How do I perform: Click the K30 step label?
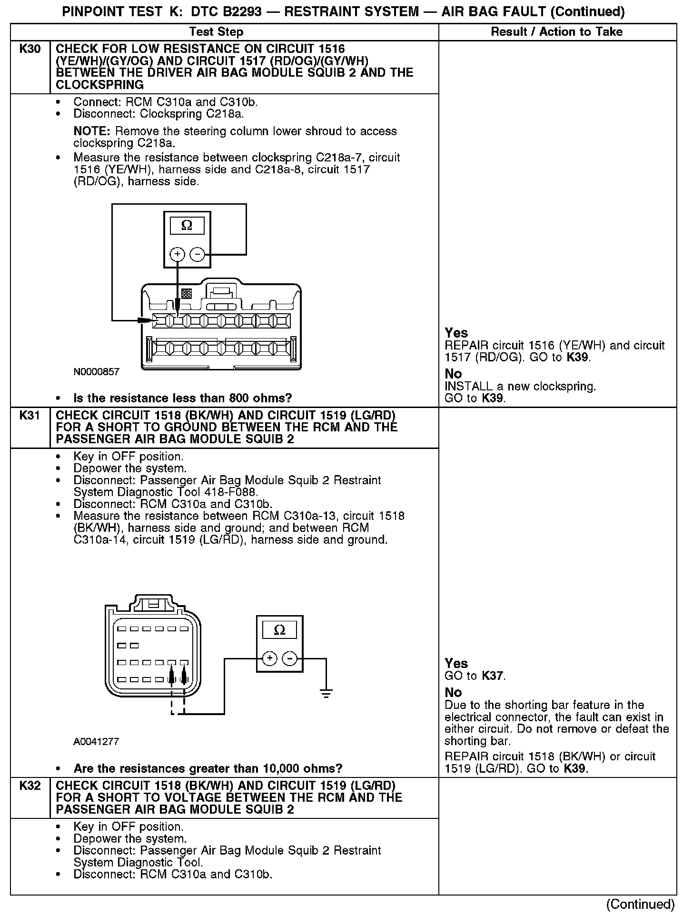pyautogui.click(x=30, y=49)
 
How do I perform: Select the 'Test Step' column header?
pyautogui.click(x=216, y=32)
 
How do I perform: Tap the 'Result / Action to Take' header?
pyautogui.click(x=556, y=32)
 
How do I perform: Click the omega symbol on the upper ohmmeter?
pyautogui.click(x=187, y=226)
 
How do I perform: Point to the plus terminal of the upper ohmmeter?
pyautogui.click(x=178, y=255)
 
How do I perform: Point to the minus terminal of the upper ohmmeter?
pyautogui.click(x=197, y=255)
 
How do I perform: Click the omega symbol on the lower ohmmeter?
pyautogui.click(x=280, y=630)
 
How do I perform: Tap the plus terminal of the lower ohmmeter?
pyautogui.click(x=270, y=658)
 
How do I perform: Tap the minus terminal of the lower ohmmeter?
pyautogui.click(x=289, y=658)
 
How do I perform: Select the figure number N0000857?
pyautogui.click(x=96, y=372)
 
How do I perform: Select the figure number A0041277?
pyautogui.click(x=96, y=742)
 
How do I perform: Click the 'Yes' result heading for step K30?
pyautogui.click(x=456, y=333)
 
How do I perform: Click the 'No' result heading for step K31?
pyautogui.click(x=453, y=692)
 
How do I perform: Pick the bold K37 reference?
pyautogui.click(x=493, y=676)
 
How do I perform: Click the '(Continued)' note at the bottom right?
pyautogui.click(x=640, y=904)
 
